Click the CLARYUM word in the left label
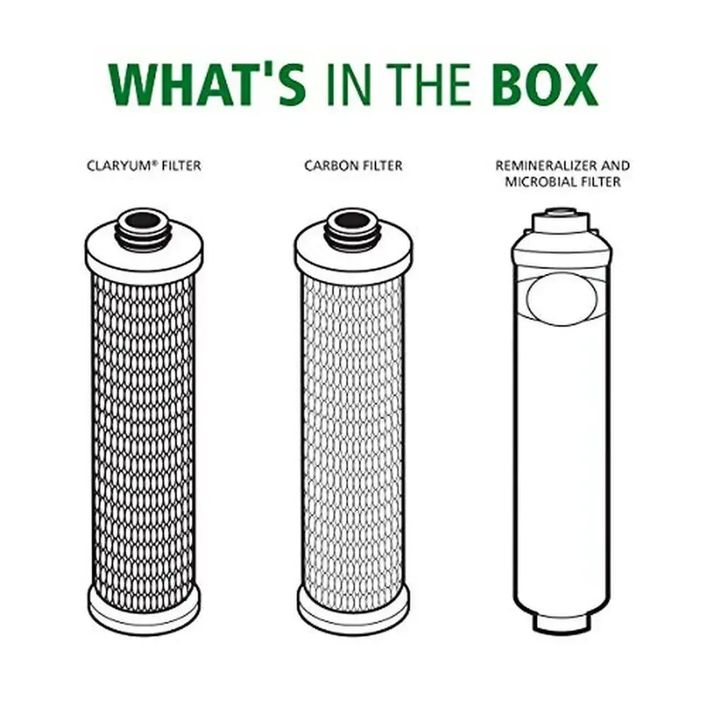pyautogui.click(x=119, y=165)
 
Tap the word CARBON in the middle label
pyautogui.click(x=332, y=165)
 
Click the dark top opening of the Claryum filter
pyautogui.click(x=144, y=220)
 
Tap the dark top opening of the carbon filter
pyautogui.click(x=353, y=220)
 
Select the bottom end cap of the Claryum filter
pyautogui.click(x=144, y=609)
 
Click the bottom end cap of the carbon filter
pyautogui.click(x=353, y=609)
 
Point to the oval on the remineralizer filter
pyautogui.click(x=562, y=299)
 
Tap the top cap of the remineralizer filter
pyautogui.click(x=561, y=221)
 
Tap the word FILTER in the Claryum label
pyautogui.click(x=181, y=165)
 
